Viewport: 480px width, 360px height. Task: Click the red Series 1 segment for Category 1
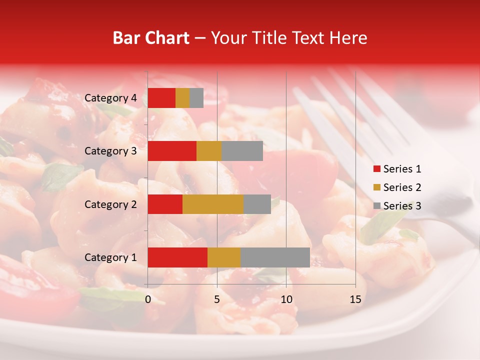[177, 257]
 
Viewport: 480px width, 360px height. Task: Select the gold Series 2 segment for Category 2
[213, 204]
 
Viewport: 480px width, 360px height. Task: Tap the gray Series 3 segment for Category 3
[242, 151]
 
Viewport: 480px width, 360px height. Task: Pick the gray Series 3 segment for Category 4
[196, 98]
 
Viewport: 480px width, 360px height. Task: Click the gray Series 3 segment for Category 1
[275, 257]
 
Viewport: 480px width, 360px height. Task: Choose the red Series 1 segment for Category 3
[172, 151]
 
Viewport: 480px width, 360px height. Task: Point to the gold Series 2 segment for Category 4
[182, 98]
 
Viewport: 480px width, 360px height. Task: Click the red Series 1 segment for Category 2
[165, 204]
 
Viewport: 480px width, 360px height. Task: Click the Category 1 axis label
[110, 257]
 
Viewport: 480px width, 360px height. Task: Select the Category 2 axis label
[110, 204]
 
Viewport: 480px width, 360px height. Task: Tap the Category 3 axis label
[110, 151]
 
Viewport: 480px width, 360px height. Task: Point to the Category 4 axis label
[110, 98]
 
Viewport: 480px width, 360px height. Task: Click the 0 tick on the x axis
[148, 299]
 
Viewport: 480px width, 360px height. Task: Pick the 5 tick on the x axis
[217, 299]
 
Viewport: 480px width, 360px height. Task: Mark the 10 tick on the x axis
[286, 299]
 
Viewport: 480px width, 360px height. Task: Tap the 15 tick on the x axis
[355, 299]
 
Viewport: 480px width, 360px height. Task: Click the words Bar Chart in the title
[150, 38]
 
